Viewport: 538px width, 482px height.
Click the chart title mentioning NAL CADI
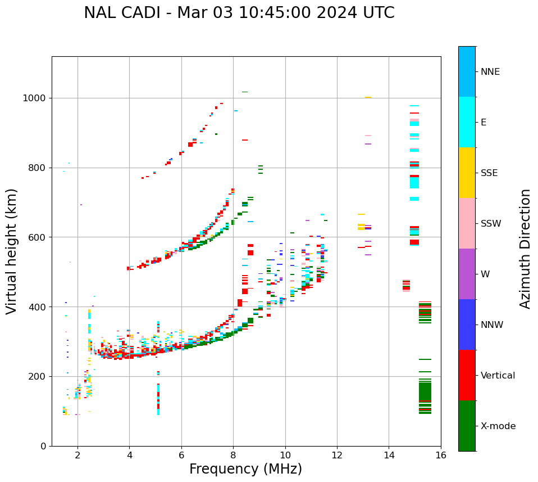click(x=239, y=13)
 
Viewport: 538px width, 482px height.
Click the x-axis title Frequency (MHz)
click(x=245, y=469)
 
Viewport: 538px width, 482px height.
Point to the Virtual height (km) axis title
click(x=12, y=251)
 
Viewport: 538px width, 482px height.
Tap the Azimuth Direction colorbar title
click(x=525, y=248)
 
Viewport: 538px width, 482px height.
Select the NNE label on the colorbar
click(x=490, y=72)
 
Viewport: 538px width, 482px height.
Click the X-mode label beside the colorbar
click(x=498, y=426)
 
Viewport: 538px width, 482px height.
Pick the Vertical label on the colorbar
click(x=498, y=376)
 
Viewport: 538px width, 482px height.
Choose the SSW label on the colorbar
click(x=491, y=224)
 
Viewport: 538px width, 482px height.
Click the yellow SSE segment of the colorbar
click(x=467, y=173)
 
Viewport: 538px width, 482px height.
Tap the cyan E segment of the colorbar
click(x=467, y=122)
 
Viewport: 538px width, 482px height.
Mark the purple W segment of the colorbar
click(x=467, y=274)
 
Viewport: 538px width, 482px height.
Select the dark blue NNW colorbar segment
click(x=467, y=325)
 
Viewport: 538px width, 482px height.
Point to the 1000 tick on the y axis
click(x=35, y=98)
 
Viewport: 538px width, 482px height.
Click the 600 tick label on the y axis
click(x=38, y=237)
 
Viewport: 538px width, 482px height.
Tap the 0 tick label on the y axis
click(x=43, y=446)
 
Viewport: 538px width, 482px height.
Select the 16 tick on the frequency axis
click(x=440, y=455)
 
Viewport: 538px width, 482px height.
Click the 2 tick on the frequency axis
click(x=77, y=455)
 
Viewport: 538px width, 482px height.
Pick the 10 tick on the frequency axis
click(x=285, y=455)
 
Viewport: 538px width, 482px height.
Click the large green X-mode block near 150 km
click(x=425, y=391)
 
